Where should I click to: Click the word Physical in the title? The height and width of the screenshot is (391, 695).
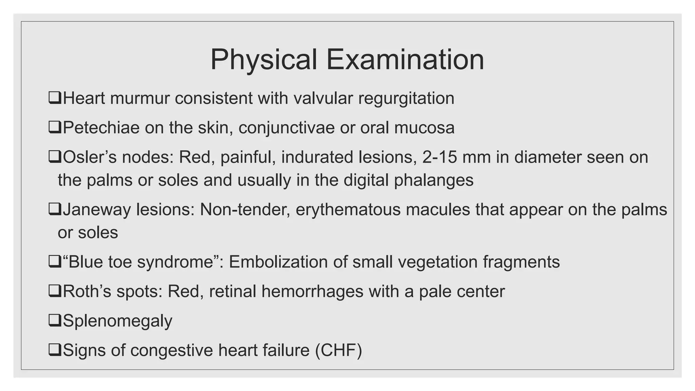point(263,60)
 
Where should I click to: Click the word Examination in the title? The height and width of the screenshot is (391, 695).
point(405,60)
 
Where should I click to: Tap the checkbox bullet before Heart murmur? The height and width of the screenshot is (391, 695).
point(54,98)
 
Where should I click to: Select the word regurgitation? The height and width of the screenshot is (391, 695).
point(406,98)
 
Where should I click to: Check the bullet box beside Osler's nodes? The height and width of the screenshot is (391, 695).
point(54,157)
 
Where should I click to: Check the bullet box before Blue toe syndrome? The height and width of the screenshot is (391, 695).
point(54,262)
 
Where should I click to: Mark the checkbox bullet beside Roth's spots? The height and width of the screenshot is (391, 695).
point(54,291)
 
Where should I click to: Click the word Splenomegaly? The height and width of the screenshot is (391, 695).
point(117,321)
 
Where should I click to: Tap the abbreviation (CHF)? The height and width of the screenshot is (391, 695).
point(338,350)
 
